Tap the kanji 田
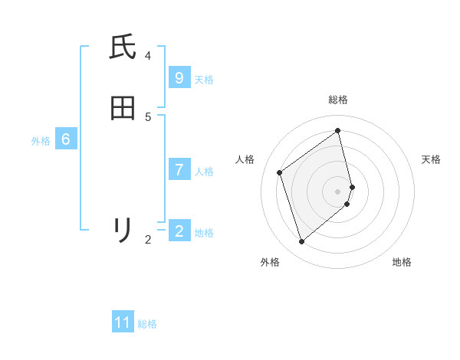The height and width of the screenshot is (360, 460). (123, 108)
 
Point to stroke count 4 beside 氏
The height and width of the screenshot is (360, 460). (148, 56)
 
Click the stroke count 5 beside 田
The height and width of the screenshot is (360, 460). (148, 116)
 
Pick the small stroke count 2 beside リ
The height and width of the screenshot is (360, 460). (148, 240)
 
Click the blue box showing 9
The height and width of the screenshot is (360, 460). (179, 77)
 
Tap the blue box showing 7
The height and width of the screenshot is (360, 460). (179, 169)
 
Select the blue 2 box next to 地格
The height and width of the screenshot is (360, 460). (179, 231)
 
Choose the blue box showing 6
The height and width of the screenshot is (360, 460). (66, 139)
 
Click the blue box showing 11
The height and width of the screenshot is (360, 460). (123, 322)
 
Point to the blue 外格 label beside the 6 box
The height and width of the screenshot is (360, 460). (41, 141)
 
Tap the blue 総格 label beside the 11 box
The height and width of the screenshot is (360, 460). (147, 324)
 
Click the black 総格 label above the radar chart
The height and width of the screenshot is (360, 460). (338, 100)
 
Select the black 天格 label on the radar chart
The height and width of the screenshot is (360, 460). (432, 159)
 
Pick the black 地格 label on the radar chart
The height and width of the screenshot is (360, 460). (402, 262)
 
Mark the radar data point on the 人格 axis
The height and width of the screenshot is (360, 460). (280, 172)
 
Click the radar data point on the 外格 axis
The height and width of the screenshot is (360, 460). (302, 242)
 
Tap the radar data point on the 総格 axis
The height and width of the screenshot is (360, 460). (338, 131)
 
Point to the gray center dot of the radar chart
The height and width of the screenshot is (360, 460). (338, 191)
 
